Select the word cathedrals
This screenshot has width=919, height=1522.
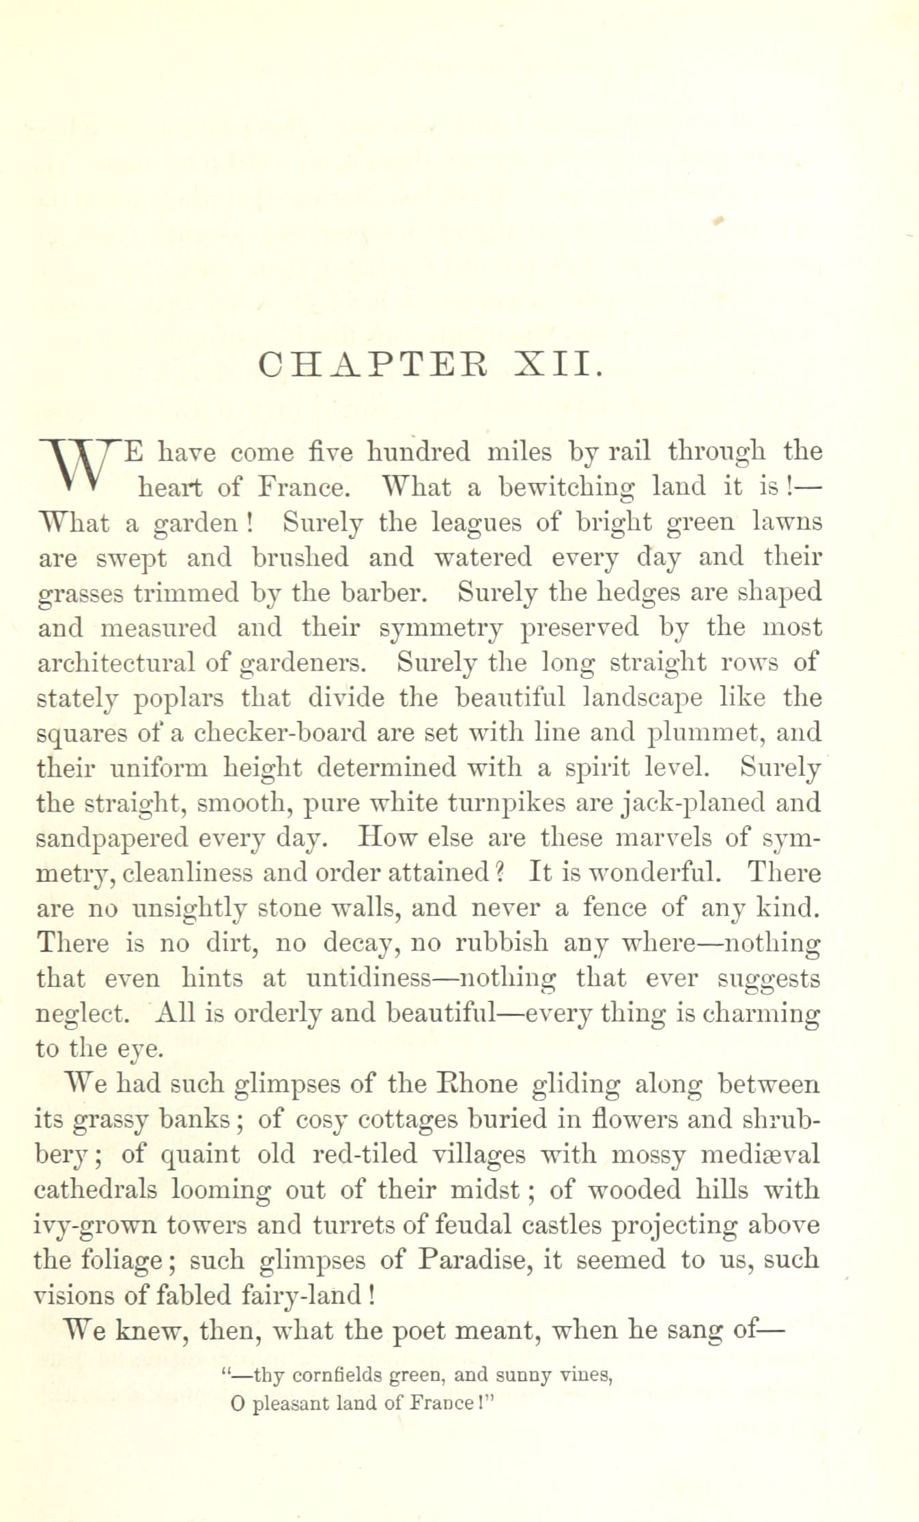point(96,1189)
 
